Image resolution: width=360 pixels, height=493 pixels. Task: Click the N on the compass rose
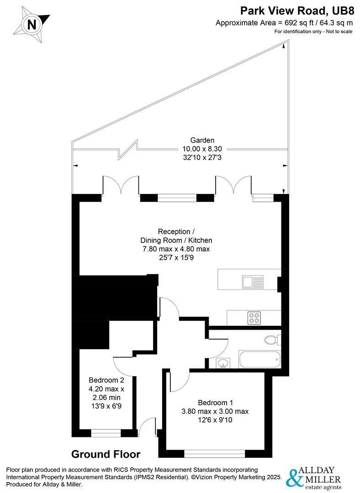coord(32,25)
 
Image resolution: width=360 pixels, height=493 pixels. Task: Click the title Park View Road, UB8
coord(297,10)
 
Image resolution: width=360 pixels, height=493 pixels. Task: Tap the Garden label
coord(202,140)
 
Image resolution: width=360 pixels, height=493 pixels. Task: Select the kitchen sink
coord(253,282)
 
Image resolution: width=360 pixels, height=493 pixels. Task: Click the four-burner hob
coord(254,318)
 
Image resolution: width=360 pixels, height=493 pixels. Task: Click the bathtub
coord(259,359)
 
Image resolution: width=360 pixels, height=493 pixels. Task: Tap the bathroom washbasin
coord(223,363)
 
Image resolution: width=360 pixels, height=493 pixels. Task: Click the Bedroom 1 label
coord(216,403)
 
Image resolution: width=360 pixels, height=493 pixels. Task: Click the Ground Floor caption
coord(106,454)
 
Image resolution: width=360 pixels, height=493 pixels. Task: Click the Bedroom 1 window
coord(214,454)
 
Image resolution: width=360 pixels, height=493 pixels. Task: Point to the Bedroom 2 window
coord(106,433)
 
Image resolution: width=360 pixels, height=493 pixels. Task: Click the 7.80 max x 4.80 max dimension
coord(176,249)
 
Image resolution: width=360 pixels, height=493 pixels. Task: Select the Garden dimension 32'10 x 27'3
coord(202,157)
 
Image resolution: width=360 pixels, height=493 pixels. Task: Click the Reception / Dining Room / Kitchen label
coord(176,236)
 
